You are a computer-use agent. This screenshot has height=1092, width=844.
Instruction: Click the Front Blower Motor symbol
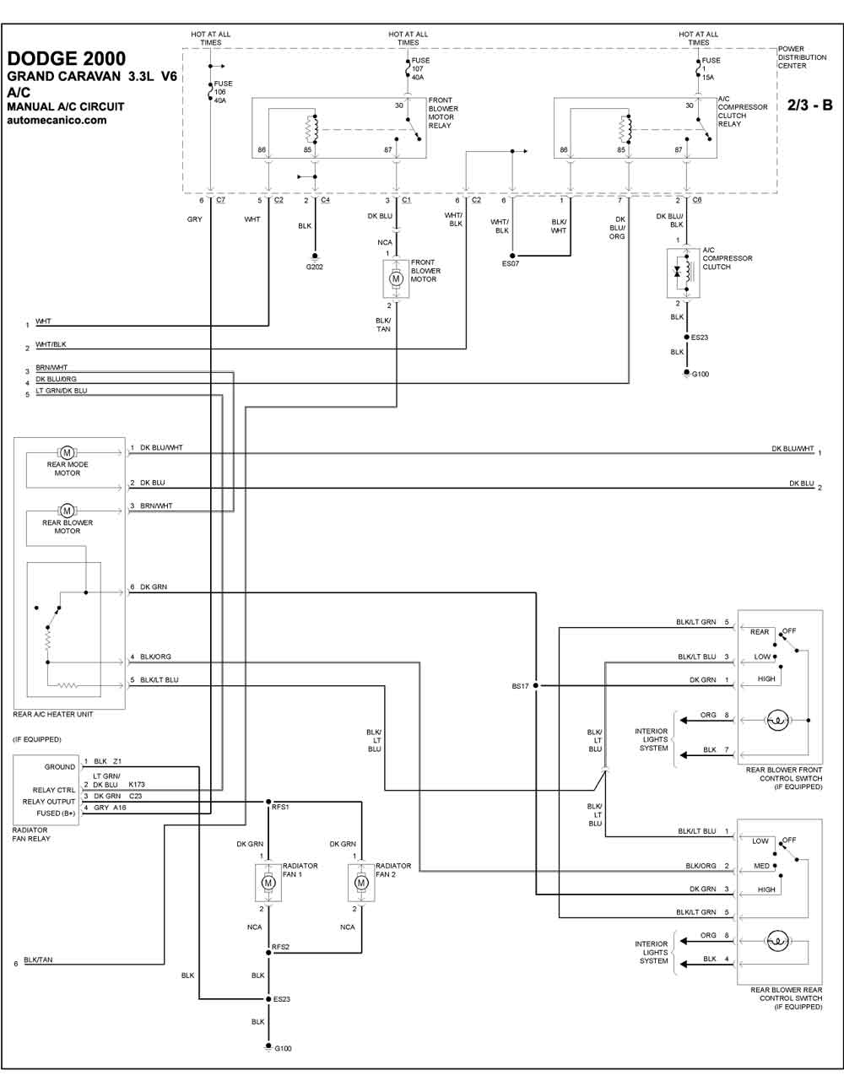click(x=396, y=278)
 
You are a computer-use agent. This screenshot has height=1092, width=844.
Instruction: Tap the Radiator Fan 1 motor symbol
click(x=268, y=883)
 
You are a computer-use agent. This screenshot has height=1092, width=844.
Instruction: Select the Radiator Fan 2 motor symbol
click(x=361, y=883)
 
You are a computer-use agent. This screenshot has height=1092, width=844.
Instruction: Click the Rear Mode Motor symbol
click(x=67, y=453)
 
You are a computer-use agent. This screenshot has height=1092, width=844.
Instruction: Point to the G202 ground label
click(x=315, y=267)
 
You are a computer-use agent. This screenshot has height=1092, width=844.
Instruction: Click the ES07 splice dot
click(x=512, y=256)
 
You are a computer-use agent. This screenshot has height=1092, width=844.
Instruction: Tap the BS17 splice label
click(x=520, y=686)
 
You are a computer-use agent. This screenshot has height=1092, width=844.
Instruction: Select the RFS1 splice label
click(x=280, y=807)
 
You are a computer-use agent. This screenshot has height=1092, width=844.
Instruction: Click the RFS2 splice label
click(x=280, y=947)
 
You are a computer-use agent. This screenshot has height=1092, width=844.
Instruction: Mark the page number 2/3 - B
click(x=809, y=105)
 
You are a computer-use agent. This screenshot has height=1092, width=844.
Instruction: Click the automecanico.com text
click(x=57, y=120)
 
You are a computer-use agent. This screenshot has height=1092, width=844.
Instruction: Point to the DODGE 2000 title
click(x=67, y=59)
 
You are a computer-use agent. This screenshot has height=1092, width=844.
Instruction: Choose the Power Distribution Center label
click(x=802, y=57)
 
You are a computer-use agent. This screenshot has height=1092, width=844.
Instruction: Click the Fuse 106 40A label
click(x=223, y=92)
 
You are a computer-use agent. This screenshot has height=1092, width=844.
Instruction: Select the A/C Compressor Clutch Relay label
click(x=742, y=111)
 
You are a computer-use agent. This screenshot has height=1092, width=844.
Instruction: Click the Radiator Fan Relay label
click(x=31, y=835)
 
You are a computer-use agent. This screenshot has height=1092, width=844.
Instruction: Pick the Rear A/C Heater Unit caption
click(x=53, y=714)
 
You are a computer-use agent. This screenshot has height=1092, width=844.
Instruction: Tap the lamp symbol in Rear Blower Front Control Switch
click(x=777, y=720)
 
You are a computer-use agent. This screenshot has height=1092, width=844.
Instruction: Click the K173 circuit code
click(x=137, y=785)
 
